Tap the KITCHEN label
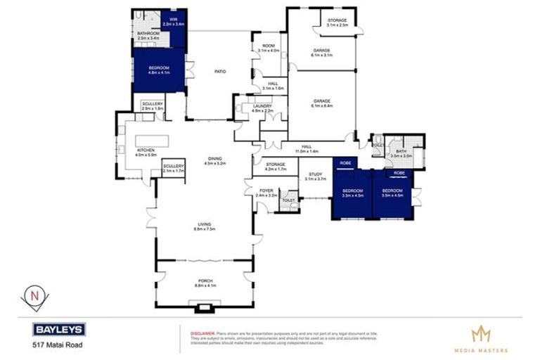pos(146,152)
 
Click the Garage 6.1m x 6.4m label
pos(322,103)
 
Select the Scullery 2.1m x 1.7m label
pos(173,168)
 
